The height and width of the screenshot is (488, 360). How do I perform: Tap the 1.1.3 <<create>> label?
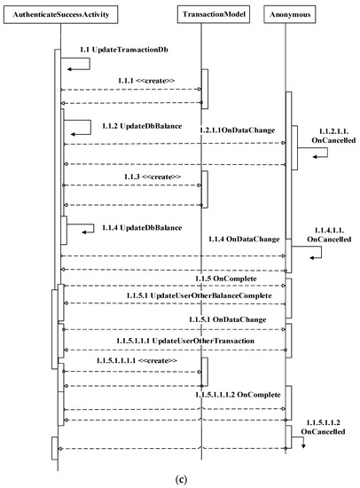click(153, 177)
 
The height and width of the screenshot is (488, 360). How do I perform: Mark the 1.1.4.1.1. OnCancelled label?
click(325, 234)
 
